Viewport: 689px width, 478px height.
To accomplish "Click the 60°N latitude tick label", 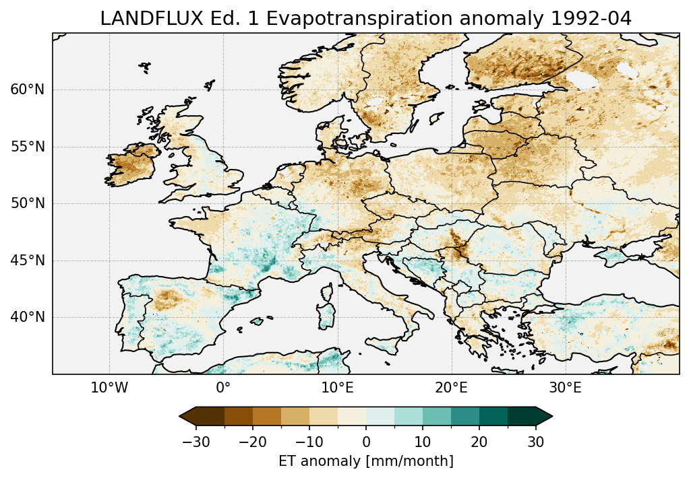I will tap(27, 90).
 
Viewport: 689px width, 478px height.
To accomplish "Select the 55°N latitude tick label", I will tap(27, 147).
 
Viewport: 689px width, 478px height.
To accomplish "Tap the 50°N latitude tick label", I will tap(27, 203).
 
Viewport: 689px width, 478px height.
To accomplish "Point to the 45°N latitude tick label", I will tap(27, 261).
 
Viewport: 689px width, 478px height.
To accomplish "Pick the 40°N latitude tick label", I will tap(27, 317).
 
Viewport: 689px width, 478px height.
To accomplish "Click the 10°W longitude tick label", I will tap(109, 388).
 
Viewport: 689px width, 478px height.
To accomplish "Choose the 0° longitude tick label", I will tap(223, 388).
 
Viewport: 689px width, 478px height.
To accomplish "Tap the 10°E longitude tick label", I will tap(337, 388).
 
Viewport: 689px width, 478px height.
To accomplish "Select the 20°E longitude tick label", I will tap(451, 388).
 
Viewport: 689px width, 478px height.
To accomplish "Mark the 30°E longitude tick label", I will tap(565, 388).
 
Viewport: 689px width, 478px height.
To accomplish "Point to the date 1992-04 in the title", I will tap(591, 19).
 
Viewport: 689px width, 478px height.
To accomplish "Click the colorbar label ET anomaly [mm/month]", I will tap(365, 461).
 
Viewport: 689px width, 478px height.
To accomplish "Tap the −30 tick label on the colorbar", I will tap(196, 442).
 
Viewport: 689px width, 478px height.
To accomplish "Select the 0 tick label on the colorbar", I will tap(366, 442).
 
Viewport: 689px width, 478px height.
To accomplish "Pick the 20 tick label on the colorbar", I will tap(479, 442).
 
